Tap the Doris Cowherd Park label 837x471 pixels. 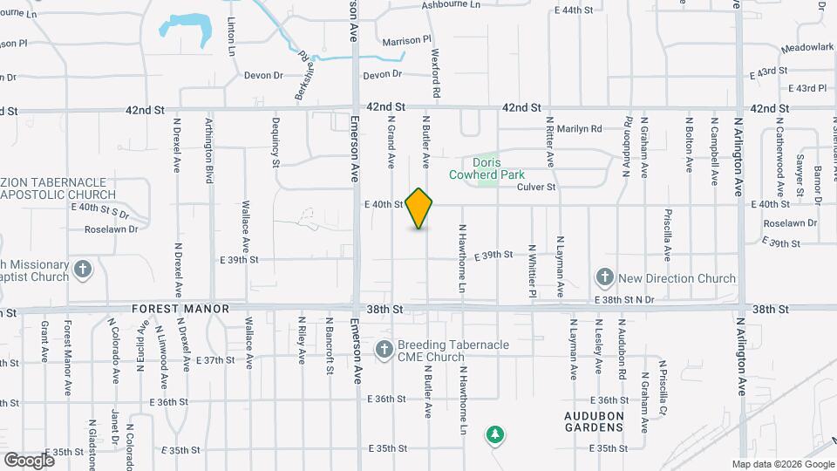point(498,167)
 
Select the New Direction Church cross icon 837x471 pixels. point(604,278)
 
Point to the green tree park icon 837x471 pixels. point(495,433)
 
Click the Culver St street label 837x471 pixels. point(536,187)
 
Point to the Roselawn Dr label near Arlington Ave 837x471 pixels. point(788,223)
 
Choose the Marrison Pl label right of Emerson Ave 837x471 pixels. point(406,41)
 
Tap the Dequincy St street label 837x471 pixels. point(276,142)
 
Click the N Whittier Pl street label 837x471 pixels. point(532,270)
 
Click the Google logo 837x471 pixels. point(29,460)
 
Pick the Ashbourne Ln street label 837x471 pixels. point(451,5)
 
